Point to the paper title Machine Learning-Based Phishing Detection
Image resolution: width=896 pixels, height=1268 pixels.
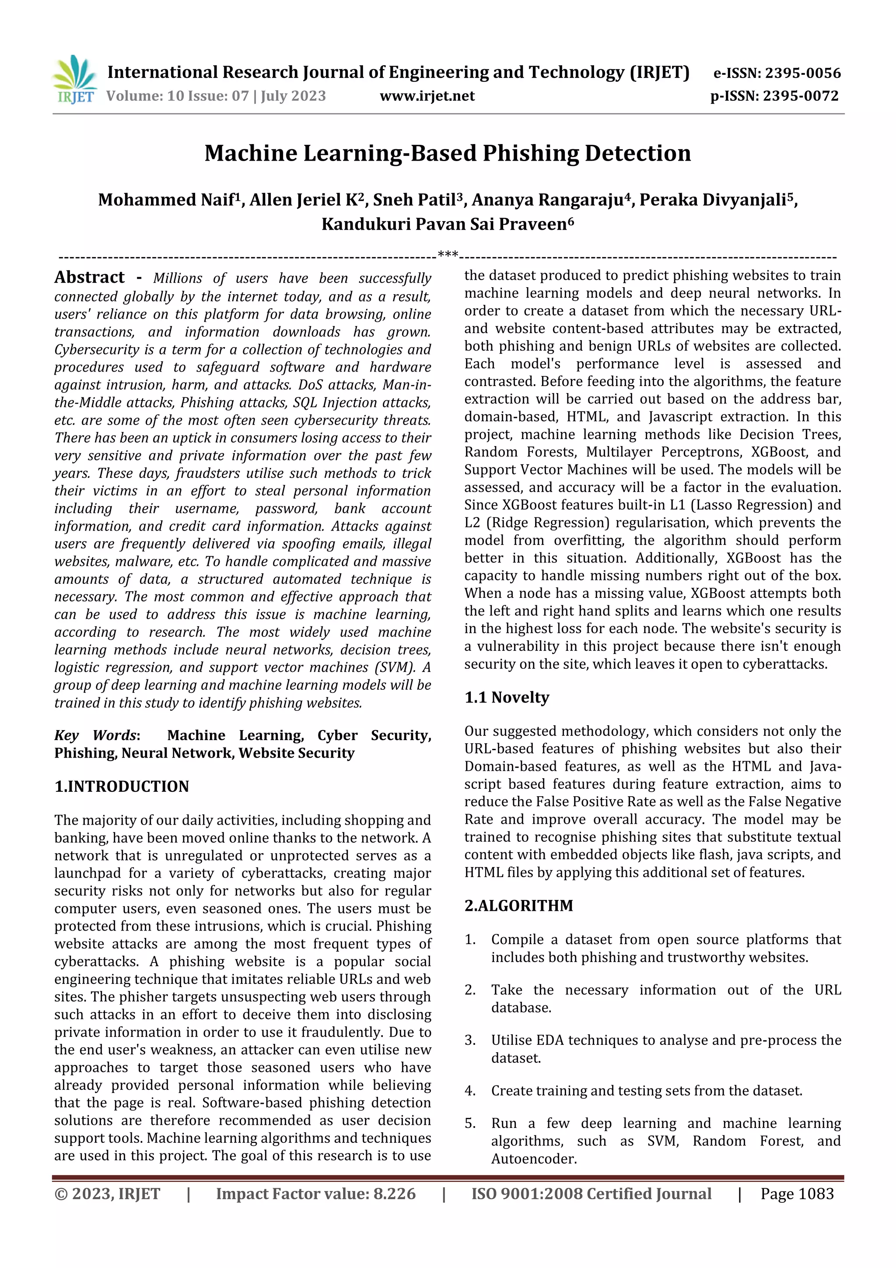[447, 154]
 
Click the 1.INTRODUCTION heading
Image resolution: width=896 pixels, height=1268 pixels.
[122, 787]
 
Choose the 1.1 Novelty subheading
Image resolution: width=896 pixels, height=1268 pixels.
[506, 698]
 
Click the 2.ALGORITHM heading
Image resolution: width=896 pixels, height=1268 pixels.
[518, 906]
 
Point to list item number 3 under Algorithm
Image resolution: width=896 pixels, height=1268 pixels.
[470, 1040]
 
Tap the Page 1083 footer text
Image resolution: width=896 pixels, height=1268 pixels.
[797, 1194]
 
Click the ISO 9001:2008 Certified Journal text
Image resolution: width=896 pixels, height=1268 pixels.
[591, 1194]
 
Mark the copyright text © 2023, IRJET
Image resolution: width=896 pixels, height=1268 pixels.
[107, 1194]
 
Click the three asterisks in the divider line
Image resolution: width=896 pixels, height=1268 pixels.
[447, 255]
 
